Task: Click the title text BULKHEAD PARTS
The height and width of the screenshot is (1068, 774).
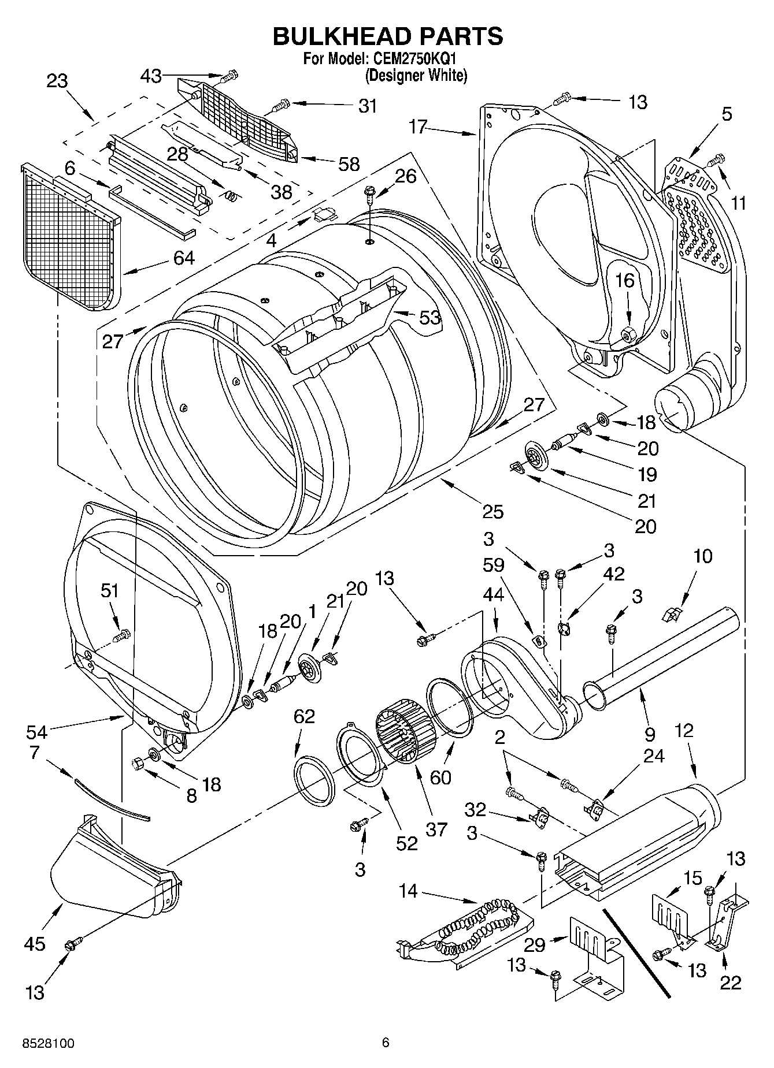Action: click(387, 36)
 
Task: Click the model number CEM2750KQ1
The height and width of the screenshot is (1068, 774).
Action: click(414, 59)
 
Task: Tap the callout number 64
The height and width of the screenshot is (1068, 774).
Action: click(184, 258)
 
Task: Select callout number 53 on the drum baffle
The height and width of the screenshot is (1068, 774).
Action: click(429, 317)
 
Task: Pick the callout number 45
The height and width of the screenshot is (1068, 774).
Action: click(35, 944)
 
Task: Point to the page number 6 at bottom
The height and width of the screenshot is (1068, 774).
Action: click(386, 1043)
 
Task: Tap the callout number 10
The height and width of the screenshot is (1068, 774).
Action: click(702, 556)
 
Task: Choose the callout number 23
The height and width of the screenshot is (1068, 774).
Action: click(57, 81)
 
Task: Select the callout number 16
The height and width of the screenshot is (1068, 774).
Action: click(624, 281)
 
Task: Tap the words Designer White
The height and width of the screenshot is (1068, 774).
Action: click(415, 75)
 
